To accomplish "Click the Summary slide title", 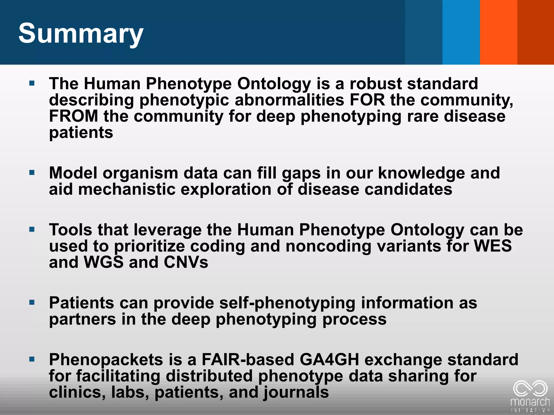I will pyautogui.click(x=81, y=34).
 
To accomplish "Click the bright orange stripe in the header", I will pyautogui.click(x=498, y=32).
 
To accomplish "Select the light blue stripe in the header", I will pyautogui.click(x=461, y=32).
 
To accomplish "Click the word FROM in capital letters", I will pyautogui.click(x=74, y=116).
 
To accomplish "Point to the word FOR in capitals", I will pyautogui.click(x=367, y=100).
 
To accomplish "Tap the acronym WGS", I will pyautogui.click(x=104, y=262).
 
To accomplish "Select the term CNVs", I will pyautogui.click(x=186, y=262).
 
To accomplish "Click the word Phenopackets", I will pyautogui.click(x=106, y=360).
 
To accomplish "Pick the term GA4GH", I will pyautogui.click(x=329, y=360).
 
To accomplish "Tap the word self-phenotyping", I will pyautogui.click(x=287, y=303).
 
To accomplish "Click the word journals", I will pyautogui.click(x=296, y=392).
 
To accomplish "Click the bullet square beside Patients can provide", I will pyautogui.click(x=32, y=302).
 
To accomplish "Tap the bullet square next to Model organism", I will pyautogui.click(x=32, y=172).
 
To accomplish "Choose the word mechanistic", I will pyautogui.click(x=127, y=189).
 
